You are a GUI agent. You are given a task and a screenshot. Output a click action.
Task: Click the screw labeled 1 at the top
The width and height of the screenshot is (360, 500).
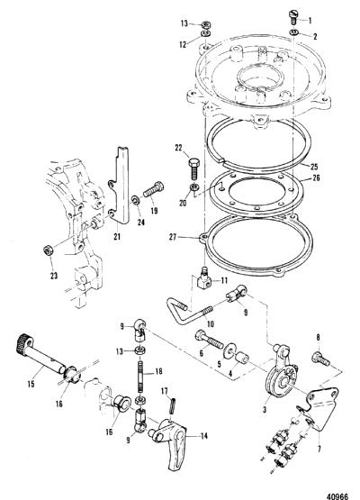[293, 16]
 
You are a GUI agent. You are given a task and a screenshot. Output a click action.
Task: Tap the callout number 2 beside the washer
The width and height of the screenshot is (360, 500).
[315, 36]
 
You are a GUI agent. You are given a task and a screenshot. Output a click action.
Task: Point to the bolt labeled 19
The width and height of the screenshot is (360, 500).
[154, 189]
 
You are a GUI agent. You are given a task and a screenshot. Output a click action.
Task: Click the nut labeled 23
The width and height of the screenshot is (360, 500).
[48, 250]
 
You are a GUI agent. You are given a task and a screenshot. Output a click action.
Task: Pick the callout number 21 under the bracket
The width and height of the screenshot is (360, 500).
[117, 236]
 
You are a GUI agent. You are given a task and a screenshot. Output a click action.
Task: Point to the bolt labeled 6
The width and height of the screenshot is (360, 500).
[209, 341]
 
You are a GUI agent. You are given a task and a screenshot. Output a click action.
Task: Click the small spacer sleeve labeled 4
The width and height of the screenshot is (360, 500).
[243, 359]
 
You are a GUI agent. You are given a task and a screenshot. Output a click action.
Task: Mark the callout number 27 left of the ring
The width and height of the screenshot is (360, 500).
[173, 237]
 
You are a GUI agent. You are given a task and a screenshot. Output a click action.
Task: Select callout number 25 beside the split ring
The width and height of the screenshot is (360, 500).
[314, 167]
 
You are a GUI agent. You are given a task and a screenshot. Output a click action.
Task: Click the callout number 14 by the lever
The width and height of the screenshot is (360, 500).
[204, 436]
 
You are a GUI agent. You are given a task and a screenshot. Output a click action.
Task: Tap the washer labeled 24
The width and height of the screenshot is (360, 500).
[135, 200]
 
